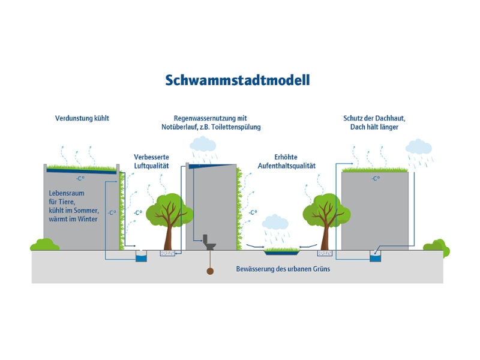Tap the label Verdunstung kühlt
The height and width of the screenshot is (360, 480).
pos(82,119)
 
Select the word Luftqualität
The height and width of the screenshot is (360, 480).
pos(152,165)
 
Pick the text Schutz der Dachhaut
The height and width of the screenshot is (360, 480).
pos(370,118)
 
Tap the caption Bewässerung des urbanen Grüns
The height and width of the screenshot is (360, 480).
pos(283,269)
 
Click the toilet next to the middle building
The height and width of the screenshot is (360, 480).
pos(209,241)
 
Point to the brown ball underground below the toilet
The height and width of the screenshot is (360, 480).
pos(210,271)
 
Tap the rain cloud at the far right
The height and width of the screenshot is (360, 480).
pos(418,147)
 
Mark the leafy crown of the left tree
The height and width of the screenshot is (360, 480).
pos(170,208)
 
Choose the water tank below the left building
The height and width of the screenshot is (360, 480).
pos(141,257)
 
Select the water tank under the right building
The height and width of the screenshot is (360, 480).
pos(376,257)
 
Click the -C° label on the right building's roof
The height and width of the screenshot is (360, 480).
pos(375,178)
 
